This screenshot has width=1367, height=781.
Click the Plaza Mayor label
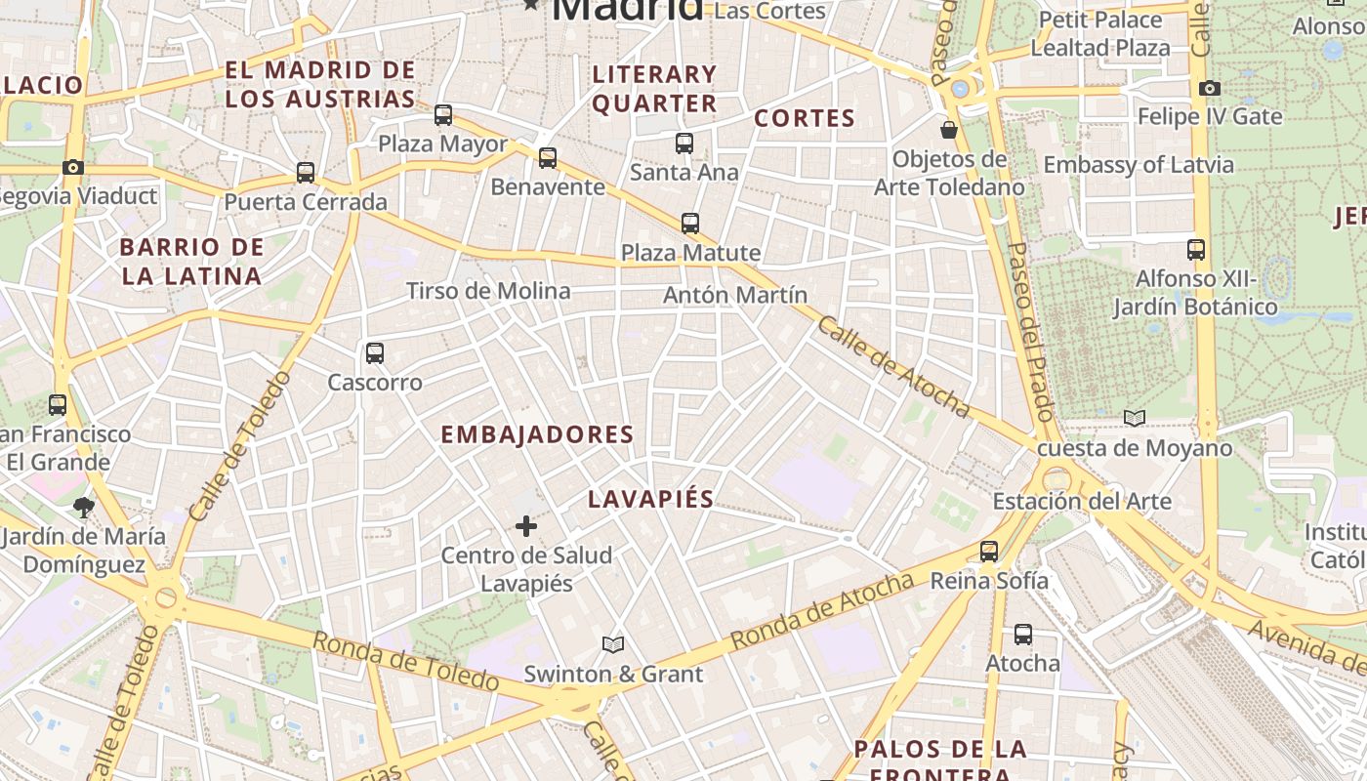(442, 144)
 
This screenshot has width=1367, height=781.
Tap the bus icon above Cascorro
(375, 353)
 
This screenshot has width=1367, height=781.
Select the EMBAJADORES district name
(537, 434)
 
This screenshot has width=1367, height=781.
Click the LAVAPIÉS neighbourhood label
(651, 499)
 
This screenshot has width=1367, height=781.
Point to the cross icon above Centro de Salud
(526, 527)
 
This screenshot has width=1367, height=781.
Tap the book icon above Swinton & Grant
(613, 645)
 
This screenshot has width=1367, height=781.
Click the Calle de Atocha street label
(892, 367)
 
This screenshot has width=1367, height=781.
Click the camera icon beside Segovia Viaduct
(73, 168)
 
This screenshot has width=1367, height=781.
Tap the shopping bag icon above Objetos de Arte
(948, 129)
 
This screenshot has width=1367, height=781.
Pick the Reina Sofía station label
(989, 581)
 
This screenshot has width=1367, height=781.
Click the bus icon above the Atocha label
(1022, 635)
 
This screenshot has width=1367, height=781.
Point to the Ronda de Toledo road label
(405, 660)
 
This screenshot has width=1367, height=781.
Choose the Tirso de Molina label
(488, 291)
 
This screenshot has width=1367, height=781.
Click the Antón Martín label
(735, 295)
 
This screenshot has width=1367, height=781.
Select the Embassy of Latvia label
(1139, 164)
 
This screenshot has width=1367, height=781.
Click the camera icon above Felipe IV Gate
(1210, 89)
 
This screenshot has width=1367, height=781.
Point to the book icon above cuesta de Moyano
(1134, 419)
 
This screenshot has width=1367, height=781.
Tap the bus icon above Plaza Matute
(690, 224)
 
